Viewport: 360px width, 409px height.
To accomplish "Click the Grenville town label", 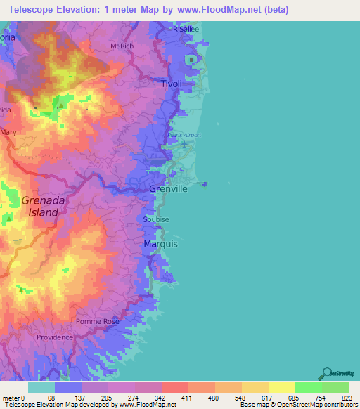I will coord(168,190).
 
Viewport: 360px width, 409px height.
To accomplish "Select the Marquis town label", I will coord(160,244).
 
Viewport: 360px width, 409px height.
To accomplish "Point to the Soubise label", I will coord(155,219).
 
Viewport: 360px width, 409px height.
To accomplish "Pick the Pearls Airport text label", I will coord(184,135).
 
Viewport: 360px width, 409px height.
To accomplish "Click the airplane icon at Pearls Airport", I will coord(184,144).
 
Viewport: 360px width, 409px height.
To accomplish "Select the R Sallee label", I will coord(187,29).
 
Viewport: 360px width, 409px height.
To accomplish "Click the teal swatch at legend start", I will coord(41,387).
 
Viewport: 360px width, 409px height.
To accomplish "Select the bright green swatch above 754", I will coord(308,387).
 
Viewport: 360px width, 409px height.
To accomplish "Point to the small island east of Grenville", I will coord(205,185).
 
